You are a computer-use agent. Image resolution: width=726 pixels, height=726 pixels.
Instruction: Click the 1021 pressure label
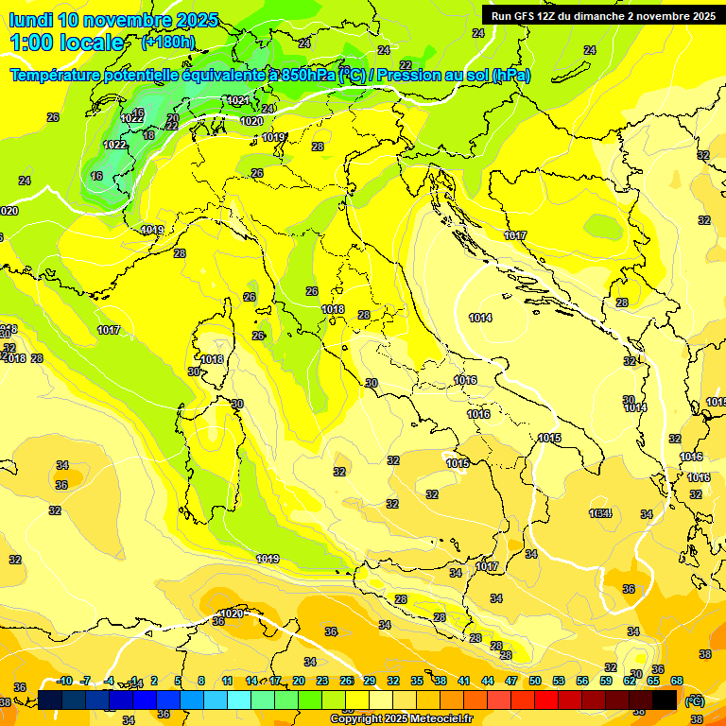point(238,100)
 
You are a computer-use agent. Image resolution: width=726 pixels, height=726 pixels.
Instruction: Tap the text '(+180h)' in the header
point(168,42)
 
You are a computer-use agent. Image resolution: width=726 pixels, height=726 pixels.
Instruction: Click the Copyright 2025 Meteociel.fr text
point(401,718)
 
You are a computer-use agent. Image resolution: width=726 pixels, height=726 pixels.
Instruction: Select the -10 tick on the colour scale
point(64,681)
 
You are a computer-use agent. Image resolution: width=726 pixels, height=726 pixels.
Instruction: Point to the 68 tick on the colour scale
point(677,681)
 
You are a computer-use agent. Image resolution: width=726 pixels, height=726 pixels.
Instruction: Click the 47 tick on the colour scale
point(511,681)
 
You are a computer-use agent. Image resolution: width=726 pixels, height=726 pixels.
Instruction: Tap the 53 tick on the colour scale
point(559,681)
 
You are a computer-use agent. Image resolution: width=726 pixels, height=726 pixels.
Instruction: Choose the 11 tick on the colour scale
point(227,681)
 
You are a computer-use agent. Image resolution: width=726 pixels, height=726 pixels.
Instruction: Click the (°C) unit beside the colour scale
point(695,700)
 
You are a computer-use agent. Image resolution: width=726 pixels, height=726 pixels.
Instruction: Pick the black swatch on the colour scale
point(665,700)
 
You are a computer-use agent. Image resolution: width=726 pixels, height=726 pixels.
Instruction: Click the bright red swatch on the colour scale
point(546,700)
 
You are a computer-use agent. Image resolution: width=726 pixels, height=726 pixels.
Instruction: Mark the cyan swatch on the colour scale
point(239,700)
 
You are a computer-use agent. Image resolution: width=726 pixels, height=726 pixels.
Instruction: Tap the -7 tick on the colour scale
point(85,681)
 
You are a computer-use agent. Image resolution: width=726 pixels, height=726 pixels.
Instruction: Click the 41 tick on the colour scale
point(464,681)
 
